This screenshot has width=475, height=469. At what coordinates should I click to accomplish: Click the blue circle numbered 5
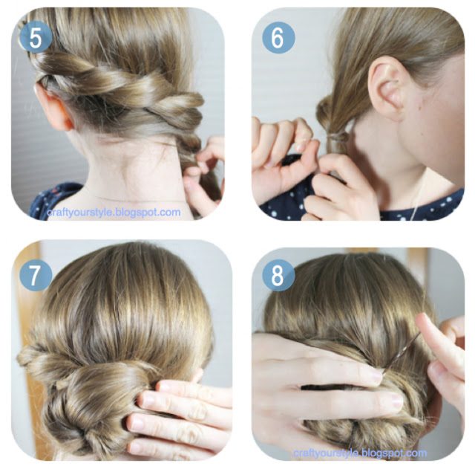(36, 38)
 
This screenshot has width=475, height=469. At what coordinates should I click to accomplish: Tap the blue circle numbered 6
(278, 38)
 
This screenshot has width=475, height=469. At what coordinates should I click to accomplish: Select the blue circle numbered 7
(36, 275)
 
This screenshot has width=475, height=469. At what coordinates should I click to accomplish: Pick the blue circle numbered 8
(278, 275)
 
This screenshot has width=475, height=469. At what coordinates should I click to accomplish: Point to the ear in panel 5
(53, 110)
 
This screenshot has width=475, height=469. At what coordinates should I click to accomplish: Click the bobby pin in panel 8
(401, 351)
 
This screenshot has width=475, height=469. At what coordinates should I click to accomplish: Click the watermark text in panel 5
(114, 212)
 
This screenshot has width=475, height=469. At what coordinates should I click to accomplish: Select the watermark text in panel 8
(360, 453)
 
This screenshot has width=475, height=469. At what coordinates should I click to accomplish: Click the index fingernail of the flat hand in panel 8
(376, 376)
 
